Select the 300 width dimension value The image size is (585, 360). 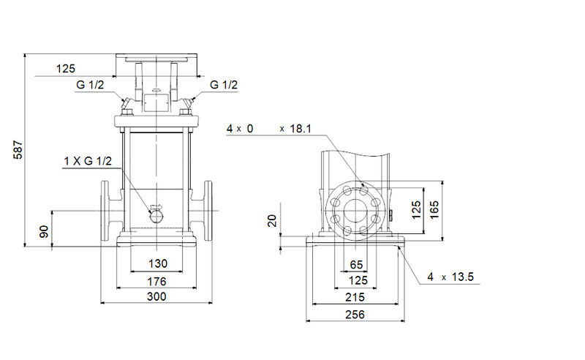tap(156, 296)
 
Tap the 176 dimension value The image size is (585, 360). tap(156, 281)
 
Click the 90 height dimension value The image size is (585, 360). tap(44, 231)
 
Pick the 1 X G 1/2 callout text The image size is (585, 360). tap(87, 161)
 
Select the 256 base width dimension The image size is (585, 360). tap(355, 315)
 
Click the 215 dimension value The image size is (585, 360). tap(355, 298)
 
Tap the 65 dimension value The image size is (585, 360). tap(356, 264)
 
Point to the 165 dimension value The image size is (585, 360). tap(434, 210)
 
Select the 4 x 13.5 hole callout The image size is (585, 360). tap(451, 277)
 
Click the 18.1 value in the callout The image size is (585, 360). tap(300, 129)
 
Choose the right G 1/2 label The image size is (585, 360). tap(224, 86)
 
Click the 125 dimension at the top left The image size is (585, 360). tap(66, 69)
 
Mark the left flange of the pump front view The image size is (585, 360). tap(105, 211)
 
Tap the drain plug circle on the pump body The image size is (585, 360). tap(156, 214)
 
